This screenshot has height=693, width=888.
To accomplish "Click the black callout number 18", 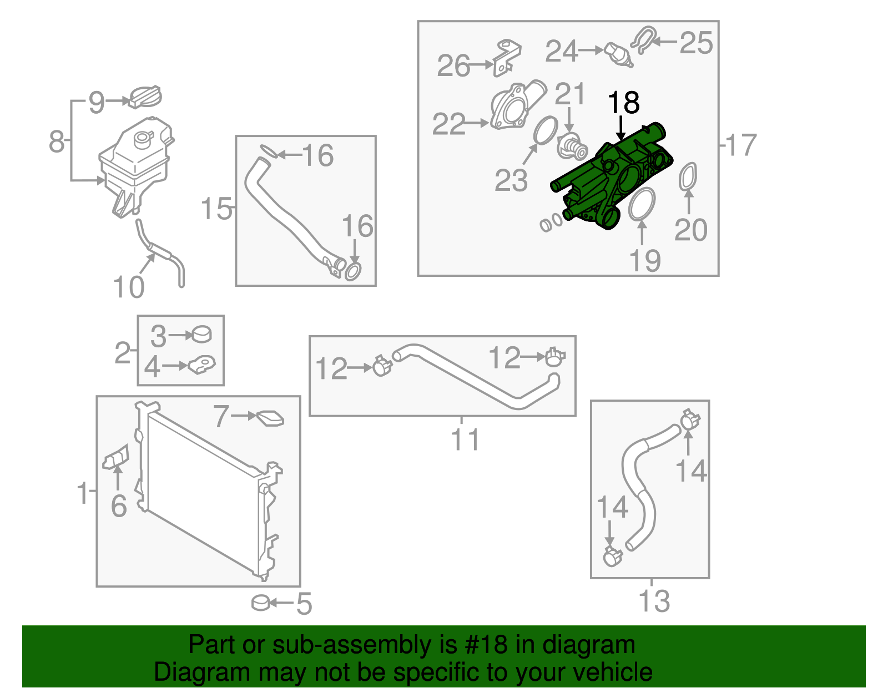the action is [x=624, y=102].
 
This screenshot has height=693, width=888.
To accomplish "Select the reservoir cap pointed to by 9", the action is [x=145, y=98].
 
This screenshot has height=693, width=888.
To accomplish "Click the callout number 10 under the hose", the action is [x=128, y=287].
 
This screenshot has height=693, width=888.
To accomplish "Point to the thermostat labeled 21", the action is [x=572, y=148].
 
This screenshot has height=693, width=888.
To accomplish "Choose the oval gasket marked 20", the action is [x=688, y=177].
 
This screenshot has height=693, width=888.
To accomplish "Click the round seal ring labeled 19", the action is [x=641, y=204].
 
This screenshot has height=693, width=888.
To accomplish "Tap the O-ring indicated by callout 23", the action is [x=546, y=130].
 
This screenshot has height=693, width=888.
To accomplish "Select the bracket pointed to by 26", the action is [x=507, y=58].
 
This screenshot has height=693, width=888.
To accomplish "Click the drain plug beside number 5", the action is [x=261, y=603].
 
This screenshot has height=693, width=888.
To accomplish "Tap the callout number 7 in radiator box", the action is [x=221, y=416].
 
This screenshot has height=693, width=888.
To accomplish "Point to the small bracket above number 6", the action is [x=115, y=457].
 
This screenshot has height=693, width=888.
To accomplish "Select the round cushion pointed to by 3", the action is [x=201, y=334].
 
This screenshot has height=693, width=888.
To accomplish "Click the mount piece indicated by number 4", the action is [x=201, y=364].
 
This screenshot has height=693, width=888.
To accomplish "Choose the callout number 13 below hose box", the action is [x=654, y=601].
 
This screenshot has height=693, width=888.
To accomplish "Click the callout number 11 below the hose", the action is [x=465, y=440].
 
